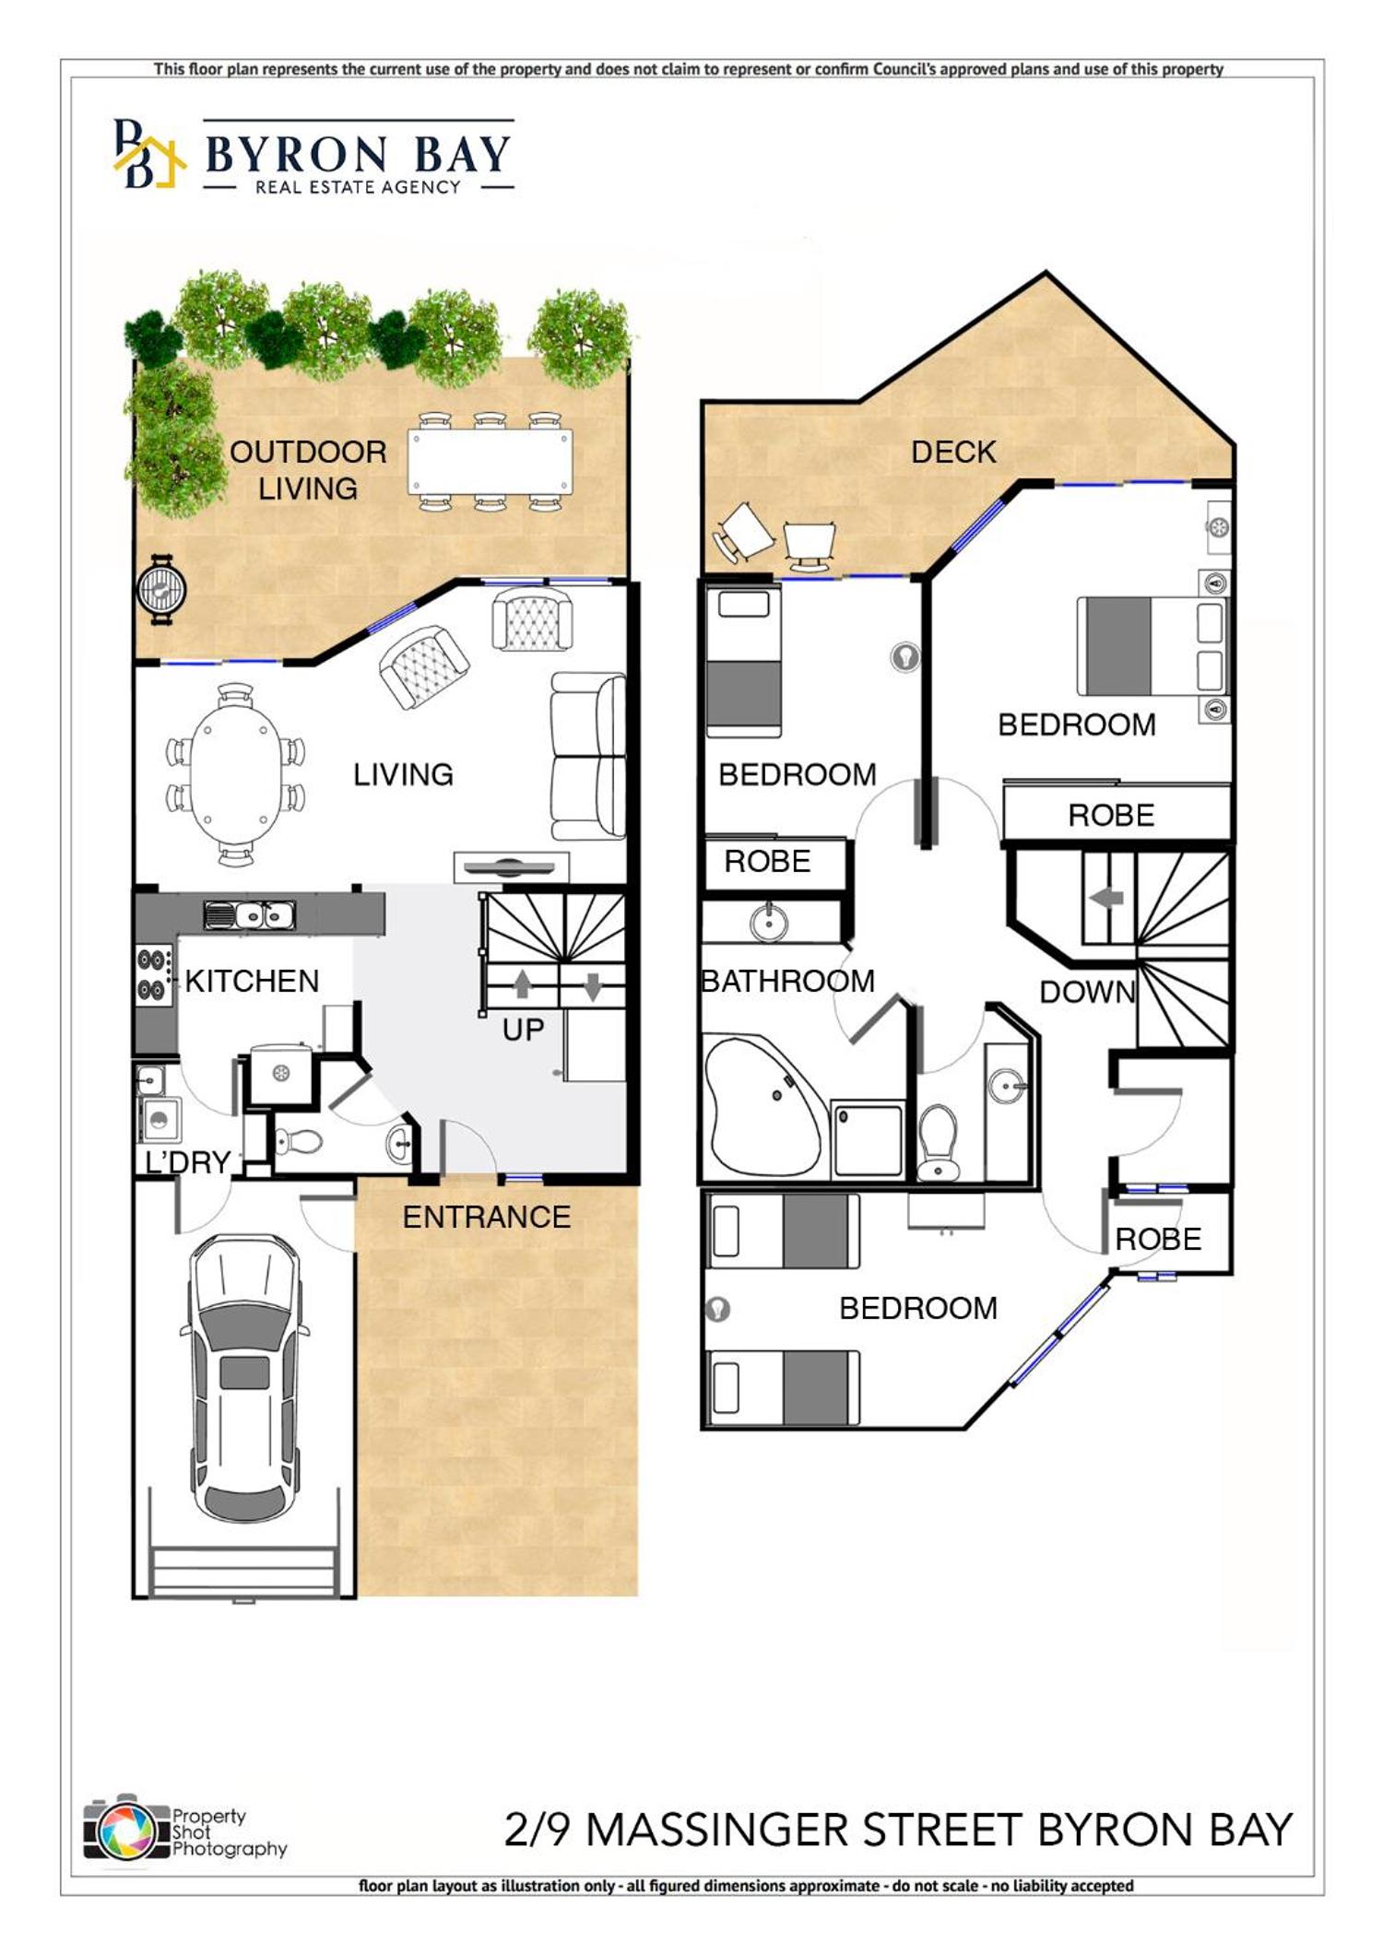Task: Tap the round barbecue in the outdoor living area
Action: coord(162,588)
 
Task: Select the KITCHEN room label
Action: coord(252,981)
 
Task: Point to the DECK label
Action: coord(953,452)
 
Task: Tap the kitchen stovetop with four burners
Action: coord(154,974)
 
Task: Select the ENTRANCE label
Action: coord(487,1217)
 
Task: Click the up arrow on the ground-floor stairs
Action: coord(522,983)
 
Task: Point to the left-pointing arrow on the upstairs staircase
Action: coord(1106,897)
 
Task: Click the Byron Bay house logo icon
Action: coord(148,155)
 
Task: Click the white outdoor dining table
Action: coord(491,461)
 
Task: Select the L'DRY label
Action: coord(188,1162)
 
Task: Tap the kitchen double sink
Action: coord(249,914)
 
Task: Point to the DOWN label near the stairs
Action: coord(1087,992)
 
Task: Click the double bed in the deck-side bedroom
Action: coord(1152,645)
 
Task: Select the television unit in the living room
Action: coord(511,867)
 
